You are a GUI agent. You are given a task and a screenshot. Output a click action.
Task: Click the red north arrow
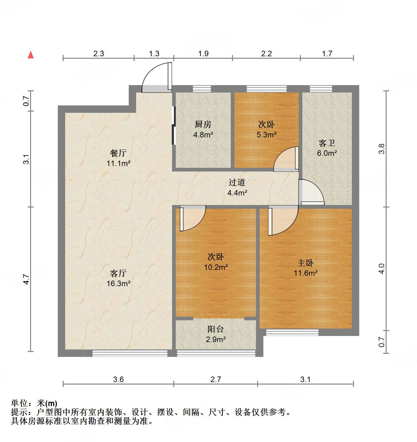pyautogui.click(x=31, y=55)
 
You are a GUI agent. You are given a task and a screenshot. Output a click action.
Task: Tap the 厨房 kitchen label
pyautogui.click(x=203, y=124)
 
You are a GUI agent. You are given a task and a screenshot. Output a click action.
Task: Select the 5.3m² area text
pyautogui.click(x=266, y=135)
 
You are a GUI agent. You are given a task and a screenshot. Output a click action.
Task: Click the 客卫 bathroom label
pyautogui.click(x=327, y=143)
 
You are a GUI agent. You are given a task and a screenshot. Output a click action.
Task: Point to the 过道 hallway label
pyautogui.click(x=237, y=183)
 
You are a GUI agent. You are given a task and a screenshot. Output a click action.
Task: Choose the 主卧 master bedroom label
pyautogui.click(x=305, y=263)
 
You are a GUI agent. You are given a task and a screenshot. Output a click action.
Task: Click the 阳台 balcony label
pyautogui.click(x=215, y=329)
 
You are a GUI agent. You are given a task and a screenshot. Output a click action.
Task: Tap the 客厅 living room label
pyautogui.click(x=118, y=273)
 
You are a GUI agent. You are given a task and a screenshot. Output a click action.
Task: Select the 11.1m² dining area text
pyautogui.click(x=118, y=163)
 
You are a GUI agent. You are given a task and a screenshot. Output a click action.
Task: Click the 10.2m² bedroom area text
pyautogui.click(x=216, y=267)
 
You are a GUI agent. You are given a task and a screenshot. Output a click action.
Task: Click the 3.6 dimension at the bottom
pyautogui.click(x=118, y=380)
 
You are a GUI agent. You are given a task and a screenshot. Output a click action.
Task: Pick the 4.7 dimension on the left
pyautogui.click(x=26, y=279)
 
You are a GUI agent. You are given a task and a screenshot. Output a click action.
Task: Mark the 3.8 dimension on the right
pyautogui.click(x=381, y=149)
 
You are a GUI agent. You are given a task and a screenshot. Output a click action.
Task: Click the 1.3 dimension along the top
pyautogui.click(x=154, y=54)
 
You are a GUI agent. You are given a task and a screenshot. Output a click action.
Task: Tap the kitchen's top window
pyautogui.click(x=202, y=89)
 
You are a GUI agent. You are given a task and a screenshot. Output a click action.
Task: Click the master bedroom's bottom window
pyautogui.click(x=292, y=332)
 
